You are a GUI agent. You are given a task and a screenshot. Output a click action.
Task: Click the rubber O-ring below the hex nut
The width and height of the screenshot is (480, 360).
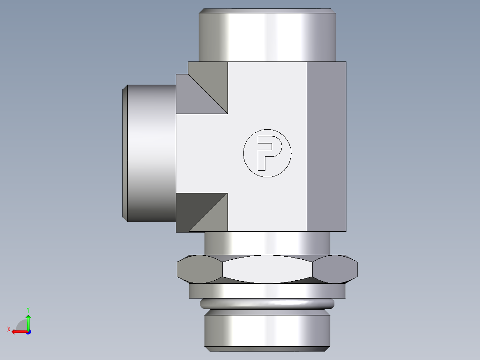click(x=267, y=304)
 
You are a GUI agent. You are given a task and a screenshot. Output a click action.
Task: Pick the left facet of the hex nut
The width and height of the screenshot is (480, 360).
click(x=199, y=270)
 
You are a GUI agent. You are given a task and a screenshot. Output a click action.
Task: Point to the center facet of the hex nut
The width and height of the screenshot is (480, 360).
click(x=267, y=269)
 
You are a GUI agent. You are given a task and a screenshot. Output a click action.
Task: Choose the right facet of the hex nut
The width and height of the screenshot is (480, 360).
click(x=335, y=270)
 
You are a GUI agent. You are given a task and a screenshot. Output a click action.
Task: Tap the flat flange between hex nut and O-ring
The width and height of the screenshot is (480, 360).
click(x=267, y=291)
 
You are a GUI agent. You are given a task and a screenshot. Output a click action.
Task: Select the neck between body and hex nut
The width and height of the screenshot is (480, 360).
click(x=267, y=243)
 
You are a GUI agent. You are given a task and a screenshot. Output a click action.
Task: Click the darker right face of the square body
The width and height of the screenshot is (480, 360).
click(x=326, y=147)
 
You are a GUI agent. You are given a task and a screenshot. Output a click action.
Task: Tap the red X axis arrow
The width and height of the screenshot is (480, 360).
click(x=18, y=331)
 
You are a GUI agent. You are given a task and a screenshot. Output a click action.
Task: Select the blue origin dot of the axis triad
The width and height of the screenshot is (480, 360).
click(x=28, y=331)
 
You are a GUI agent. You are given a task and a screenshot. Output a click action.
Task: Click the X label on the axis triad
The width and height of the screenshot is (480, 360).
click(x=8, y=329)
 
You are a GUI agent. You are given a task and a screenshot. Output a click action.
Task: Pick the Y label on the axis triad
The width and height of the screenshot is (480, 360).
click(x=28, y=309)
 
